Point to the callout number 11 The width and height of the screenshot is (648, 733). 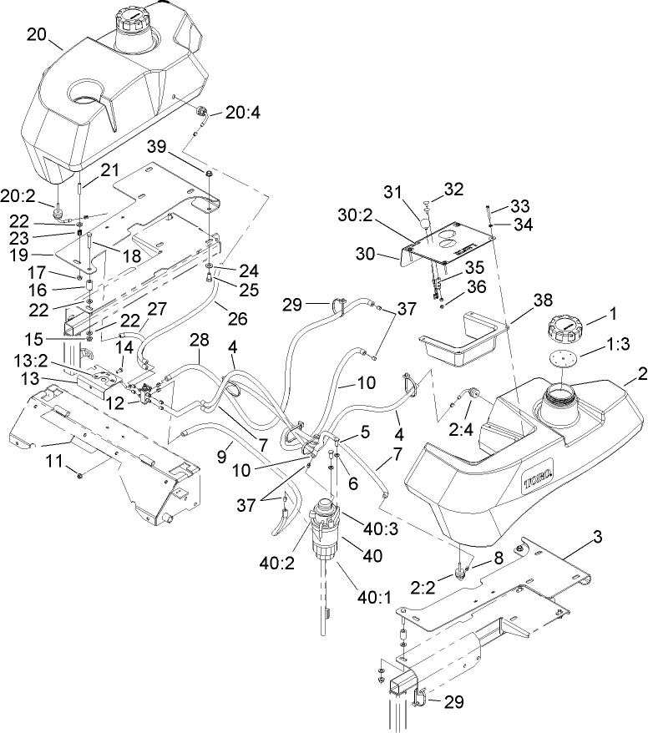55,461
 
